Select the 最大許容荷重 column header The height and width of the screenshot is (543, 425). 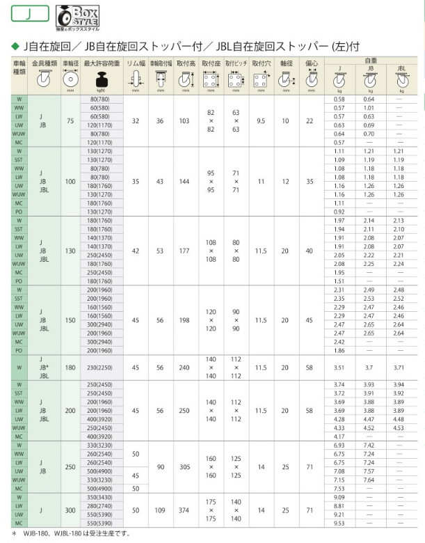coord(102,63)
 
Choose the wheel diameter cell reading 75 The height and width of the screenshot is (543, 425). coord(70,121)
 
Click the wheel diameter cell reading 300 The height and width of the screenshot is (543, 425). coord(70,510)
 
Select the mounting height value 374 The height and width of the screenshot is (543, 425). coord(184,510)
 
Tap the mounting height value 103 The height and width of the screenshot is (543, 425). coord(184,121)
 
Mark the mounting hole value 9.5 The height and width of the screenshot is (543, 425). coord(261,121)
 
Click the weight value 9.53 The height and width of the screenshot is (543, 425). coord(339,523)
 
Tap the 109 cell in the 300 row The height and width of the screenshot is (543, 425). coord(160,510)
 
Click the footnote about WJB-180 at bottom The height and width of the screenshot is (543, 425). coord(66,534)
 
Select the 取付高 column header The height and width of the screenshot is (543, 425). coord(184,63)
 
